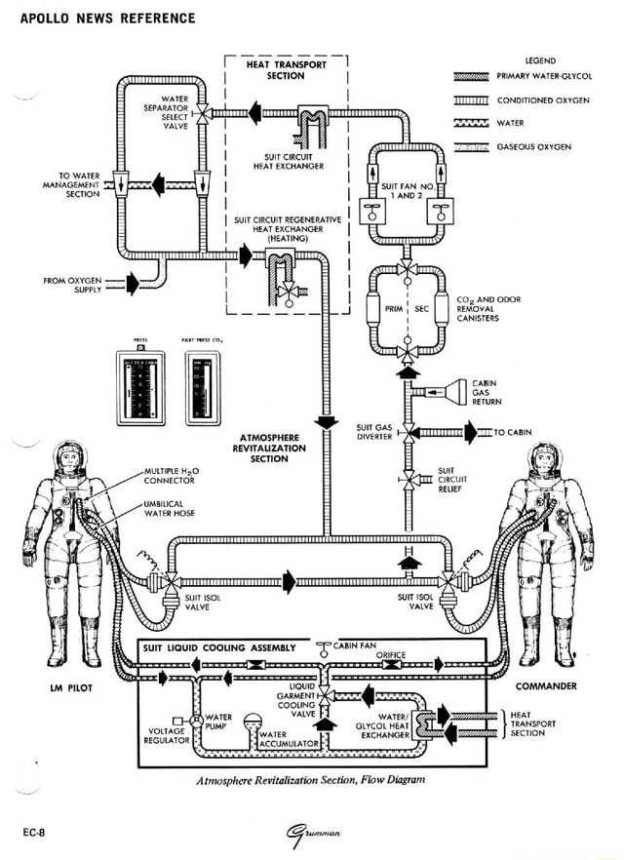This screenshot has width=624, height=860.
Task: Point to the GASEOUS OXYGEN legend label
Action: pos(534,147)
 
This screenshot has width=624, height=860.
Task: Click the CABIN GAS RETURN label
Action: pos(487,392)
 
